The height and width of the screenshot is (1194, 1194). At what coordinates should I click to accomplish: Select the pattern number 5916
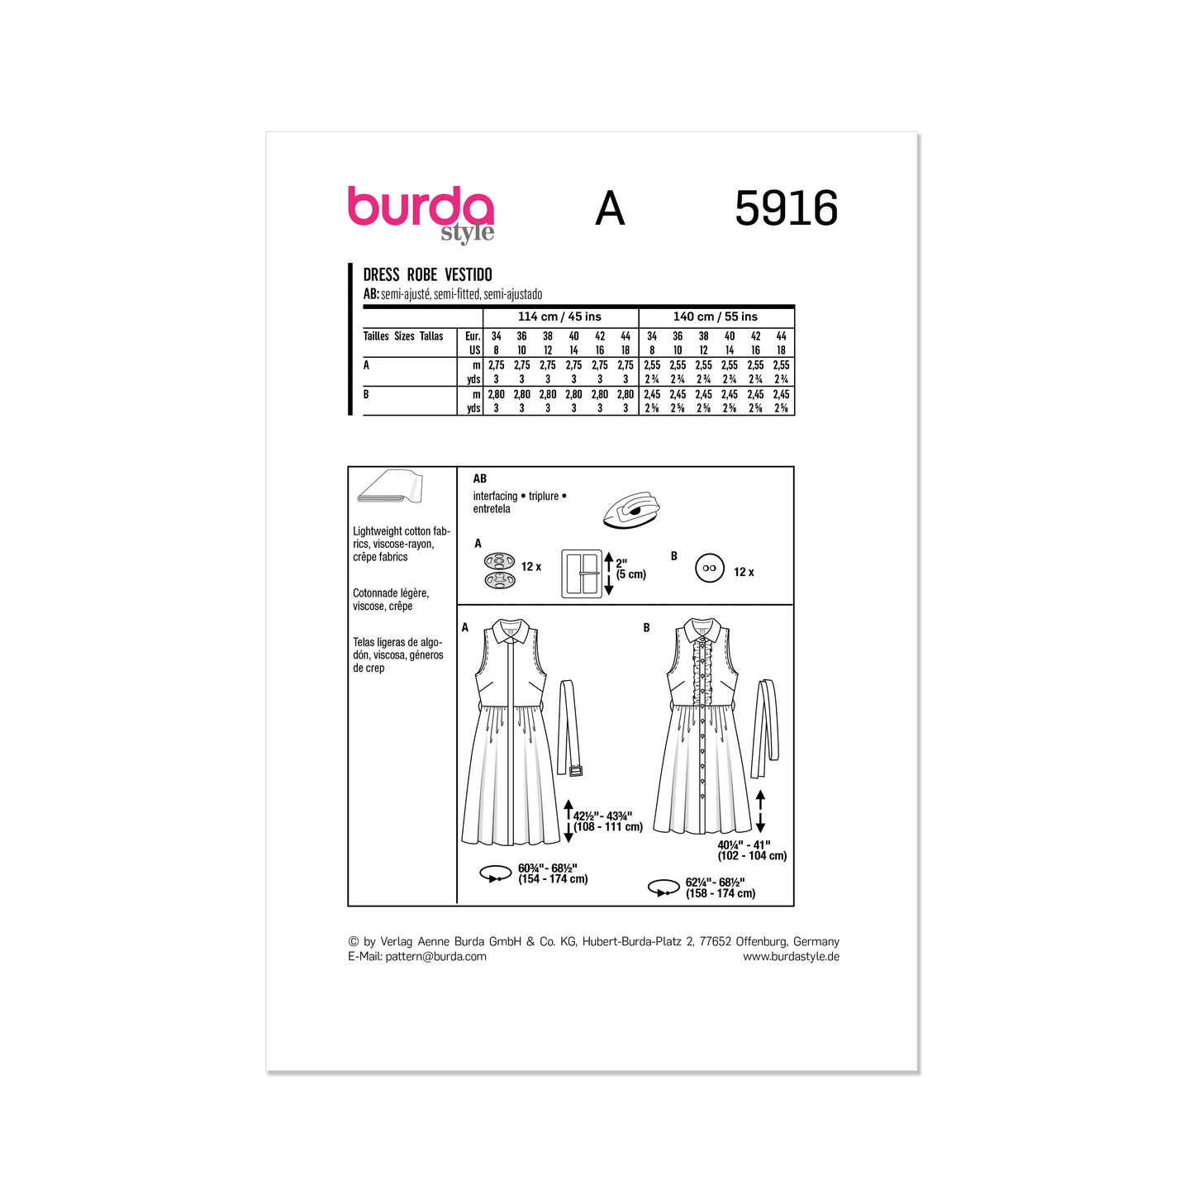coord(786,208)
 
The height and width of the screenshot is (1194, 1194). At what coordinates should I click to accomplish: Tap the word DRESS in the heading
coord(381,275)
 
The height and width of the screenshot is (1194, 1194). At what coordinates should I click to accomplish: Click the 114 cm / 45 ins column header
coord(559,316)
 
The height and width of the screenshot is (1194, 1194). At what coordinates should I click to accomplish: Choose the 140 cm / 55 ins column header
coord(715,316)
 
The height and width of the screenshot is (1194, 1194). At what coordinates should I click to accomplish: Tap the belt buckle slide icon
coord(582,573)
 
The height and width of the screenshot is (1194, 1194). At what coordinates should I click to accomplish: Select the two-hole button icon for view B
coord(709,568)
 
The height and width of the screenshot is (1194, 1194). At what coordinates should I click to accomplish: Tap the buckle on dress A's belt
coord(575,771)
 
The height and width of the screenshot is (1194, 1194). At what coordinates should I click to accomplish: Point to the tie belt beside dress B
coord(765,727)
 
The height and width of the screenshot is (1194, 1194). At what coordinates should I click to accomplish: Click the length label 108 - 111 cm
coord(608,827)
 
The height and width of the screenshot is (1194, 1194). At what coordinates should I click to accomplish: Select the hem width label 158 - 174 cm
coord(721,893)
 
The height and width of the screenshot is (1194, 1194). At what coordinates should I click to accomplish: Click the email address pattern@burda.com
coord(435,957)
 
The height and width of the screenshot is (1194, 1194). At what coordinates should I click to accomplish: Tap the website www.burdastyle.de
coord(791,957)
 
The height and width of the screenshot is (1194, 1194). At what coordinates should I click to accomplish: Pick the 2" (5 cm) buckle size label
coord(630,568)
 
